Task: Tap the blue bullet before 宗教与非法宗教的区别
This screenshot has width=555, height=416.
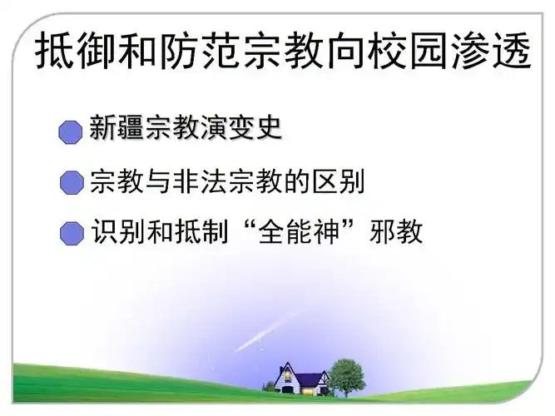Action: (x=72, y=183)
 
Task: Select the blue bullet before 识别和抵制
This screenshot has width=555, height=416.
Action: (x=72, y=234)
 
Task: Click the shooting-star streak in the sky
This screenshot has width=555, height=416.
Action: (x=262, y=333)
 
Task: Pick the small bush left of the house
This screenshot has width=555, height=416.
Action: (x=268, y=387)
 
